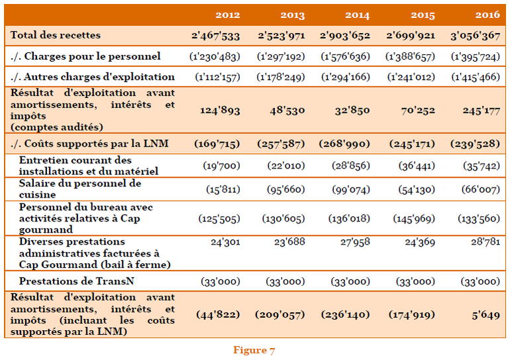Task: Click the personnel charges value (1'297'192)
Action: click(281, 56)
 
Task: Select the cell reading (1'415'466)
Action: click(475, 77)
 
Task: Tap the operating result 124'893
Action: click(220, 109)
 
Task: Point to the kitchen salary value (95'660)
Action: click(286, 189)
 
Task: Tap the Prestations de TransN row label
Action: click(77, 281)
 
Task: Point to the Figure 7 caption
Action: click(254, 350)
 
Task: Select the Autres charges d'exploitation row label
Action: click(93, 77)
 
